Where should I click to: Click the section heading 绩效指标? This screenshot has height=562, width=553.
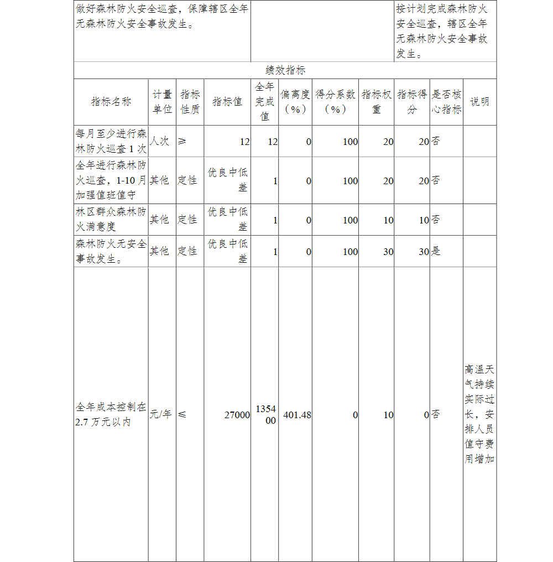[x=285, y=70]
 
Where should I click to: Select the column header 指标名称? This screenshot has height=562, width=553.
[x=111, y=102]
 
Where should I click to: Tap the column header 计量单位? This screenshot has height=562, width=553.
[x=162, y=102]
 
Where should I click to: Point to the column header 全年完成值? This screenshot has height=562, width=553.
[x=265, y=102]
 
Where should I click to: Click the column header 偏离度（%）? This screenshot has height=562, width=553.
[x=295, y=102]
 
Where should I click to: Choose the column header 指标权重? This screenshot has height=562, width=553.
[x=377, y=102]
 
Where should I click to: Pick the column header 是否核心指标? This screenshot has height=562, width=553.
[x=446, y=102]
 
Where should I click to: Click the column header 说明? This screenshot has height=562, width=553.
[x=479, y=102]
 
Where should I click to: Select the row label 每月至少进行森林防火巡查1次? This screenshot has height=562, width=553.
[x=111, y=141]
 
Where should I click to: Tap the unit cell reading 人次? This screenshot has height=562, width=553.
[x=159, y=141]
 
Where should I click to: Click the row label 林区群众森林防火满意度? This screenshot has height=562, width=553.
[x=111, y=219]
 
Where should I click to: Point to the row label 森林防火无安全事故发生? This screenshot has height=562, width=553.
[x=111, y=251]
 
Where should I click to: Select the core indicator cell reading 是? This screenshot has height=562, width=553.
[x=436, y=251]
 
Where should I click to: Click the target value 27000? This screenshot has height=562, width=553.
[x=237, y=415]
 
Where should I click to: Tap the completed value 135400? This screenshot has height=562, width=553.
[x=265, y=415]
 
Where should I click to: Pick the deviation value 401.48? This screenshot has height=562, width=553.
[x=297, y=415]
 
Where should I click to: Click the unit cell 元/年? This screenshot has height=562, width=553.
[x=160, y=414]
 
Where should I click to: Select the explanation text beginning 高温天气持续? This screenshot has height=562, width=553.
[x=479, y=414]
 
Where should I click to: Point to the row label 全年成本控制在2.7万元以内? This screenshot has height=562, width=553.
[x=111, y=414]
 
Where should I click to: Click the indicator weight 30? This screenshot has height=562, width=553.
[x=388, y=251]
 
